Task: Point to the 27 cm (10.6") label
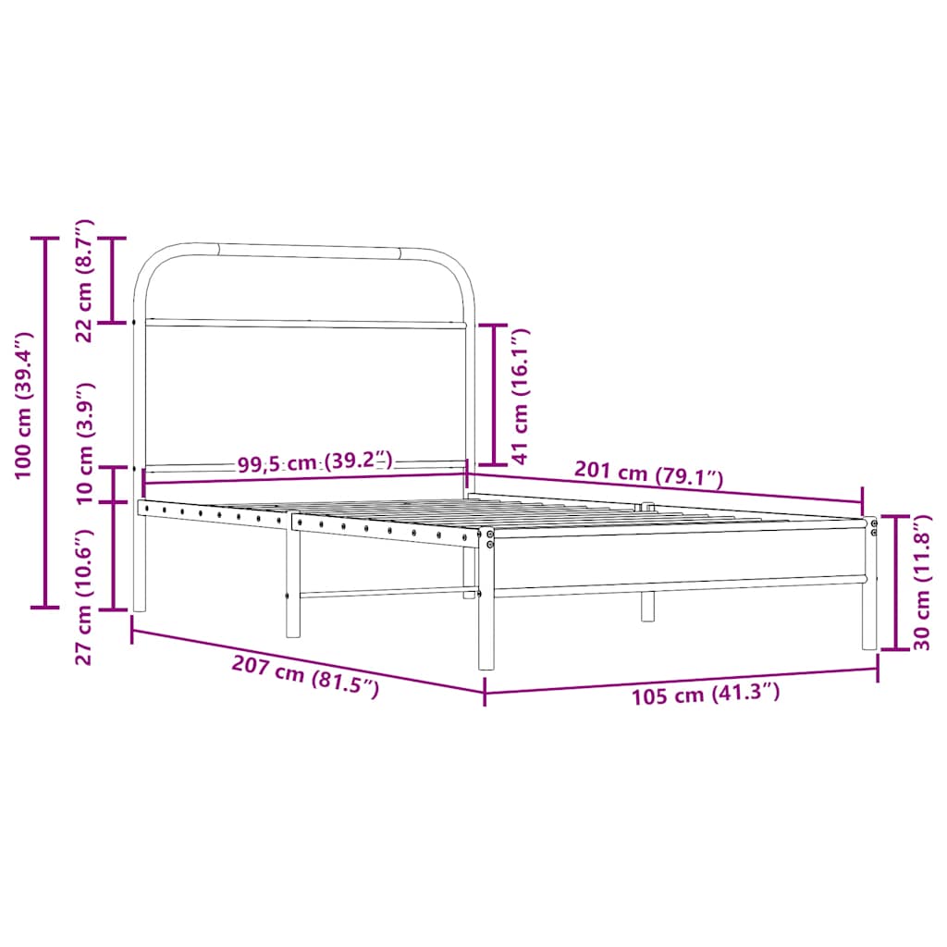(x=84, y=596)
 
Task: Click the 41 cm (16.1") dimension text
(x=520, y=395)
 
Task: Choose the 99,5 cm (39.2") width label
(x=315, y=462)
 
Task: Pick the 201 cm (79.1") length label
(x=647, y=474)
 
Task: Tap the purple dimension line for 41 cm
(x=493, y=394)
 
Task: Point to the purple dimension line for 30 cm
(x=896, y=583)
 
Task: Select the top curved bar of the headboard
(x=305, y=249)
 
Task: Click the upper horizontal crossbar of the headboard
(x=305, y=324)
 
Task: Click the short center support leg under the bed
(x=647, y=606)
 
